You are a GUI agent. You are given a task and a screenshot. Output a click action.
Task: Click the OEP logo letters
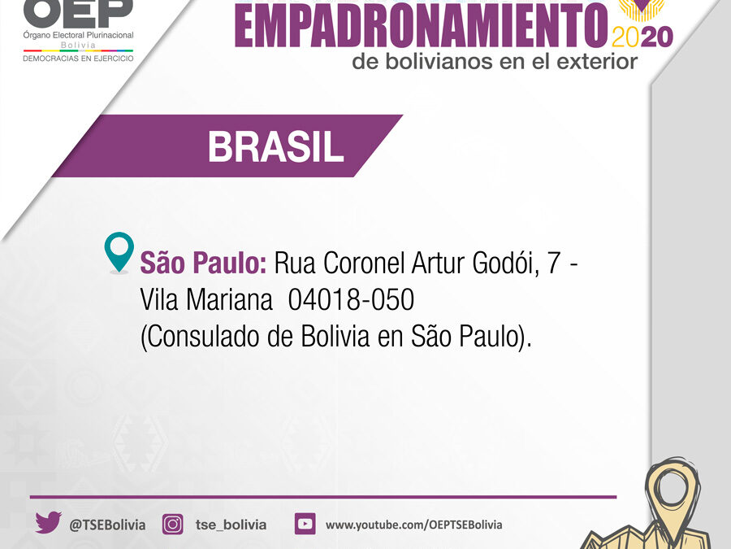pos(78,13)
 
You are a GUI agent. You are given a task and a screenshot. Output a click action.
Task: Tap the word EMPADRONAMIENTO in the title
pos(422,26)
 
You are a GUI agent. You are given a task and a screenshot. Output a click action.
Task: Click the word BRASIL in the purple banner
pos(275,146)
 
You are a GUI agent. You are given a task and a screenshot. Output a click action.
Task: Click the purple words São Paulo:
pos(203,263)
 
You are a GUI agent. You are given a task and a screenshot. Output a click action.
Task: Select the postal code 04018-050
pos(351,299)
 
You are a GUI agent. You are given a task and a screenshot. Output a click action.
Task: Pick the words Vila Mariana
pos(206,299)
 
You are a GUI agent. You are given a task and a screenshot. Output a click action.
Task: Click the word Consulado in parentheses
pos(204,336)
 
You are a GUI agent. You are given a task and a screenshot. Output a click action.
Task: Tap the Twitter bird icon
pos(48,522)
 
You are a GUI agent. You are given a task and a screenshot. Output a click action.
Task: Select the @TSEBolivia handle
pos(107,525)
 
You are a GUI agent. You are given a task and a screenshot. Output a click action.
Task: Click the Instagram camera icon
pos(172,524)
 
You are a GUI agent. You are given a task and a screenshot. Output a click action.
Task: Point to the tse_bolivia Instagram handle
pos(231,525)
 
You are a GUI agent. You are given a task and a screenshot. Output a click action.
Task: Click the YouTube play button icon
pos(305,524)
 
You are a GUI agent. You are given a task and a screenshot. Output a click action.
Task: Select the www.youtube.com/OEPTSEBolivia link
pos(414,525)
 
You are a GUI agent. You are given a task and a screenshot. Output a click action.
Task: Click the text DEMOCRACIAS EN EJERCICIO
pos(78,59)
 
